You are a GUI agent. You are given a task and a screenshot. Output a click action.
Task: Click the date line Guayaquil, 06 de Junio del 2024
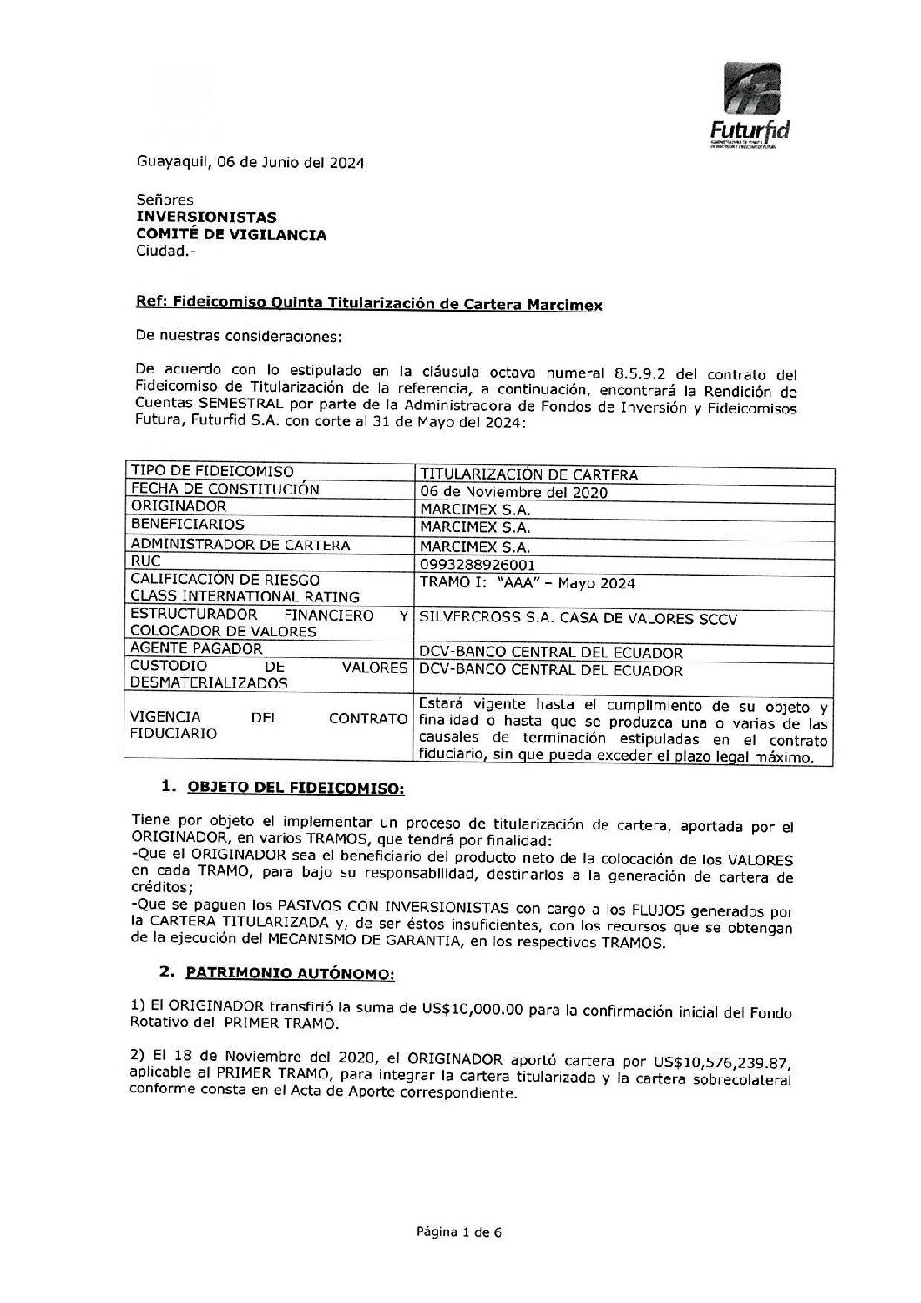(250, 163)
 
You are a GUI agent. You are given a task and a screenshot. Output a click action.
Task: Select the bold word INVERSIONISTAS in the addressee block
(206, 217)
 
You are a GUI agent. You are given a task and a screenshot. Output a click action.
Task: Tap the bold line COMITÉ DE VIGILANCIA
(231, 234)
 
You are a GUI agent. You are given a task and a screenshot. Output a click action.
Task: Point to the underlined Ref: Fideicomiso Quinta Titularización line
(369, 304)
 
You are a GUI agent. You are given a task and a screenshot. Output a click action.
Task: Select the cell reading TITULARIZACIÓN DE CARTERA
(528, 474)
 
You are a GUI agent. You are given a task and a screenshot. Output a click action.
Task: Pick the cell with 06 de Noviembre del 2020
(514, 493)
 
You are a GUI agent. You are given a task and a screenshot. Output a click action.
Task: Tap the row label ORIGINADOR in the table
(178, 507)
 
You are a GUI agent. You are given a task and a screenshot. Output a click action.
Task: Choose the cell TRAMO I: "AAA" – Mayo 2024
(527, 583)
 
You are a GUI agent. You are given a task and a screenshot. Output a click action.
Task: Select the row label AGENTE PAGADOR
(196, 648)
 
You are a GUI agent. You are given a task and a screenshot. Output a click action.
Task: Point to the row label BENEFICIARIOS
(187, 525)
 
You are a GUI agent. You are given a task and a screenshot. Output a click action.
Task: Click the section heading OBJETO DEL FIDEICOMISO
(296, 788)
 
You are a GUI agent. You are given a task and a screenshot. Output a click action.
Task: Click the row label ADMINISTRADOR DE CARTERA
(240, 545)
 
